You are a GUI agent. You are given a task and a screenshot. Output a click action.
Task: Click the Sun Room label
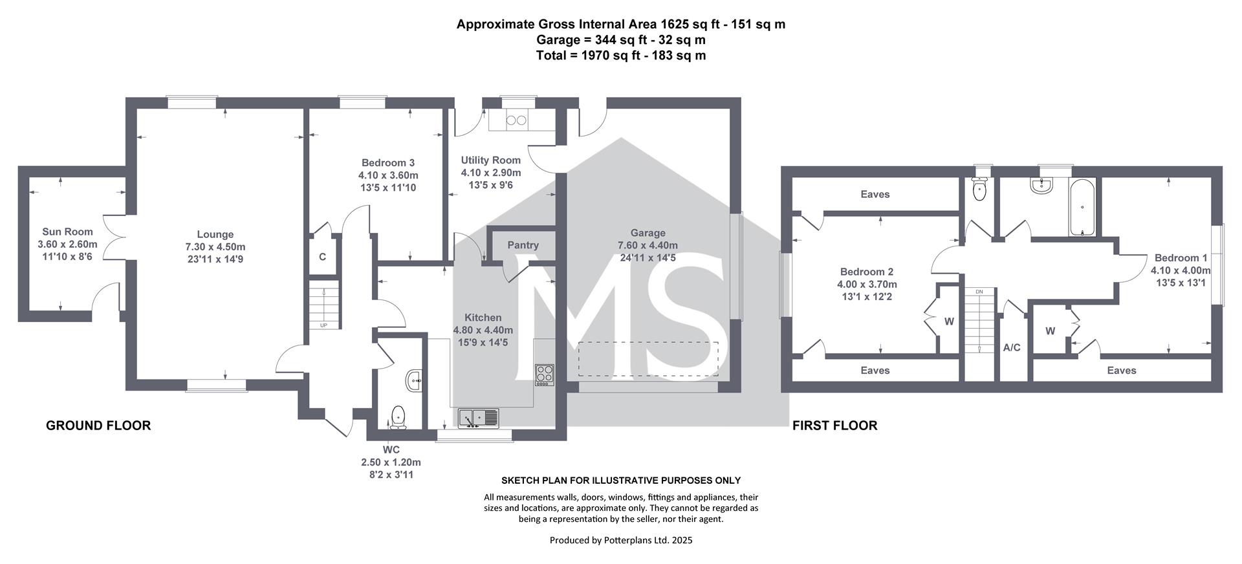coord(67,232)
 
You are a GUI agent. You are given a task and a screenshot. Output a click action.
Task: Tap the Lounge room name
coord(215,234)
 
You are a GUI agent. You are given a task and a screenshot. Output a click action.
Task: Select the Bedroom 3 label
coord(388,163)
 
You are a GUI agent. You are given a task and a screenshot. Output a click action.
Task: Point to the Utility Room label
coord(490,160)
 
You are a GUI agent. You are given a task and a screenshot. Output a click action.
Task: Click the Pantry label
coord(523,245)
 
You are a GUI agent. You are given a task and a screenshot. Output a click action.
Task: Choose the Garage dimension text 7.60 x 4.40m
coord(648,245)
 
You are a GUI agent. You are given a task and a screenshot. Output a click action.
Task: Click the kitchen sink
coord(479,418)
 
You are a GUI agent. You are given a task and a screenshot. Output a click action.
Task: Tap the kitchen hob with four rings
coord(544,375)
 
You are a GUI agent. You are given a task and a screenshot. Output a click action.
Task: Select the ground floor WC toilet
coord(398,417)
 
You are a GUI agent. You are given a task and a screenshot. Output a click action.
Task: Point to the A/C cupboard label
coord(1012,348)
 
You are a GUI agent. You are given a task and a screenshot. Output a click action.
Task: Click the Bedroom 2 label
coord(867,272)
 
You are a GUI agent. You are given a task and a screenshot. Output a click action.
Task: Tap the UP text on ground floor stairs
coord(323,325)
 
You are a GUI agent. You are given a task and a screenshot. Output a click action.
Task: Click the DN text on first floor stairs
coord(979,292)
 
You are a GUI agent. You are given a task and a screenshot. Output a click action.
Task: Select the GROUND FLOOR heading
coord(98,426)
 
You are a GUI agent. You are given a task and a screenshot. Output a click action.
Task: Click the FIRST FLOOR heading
coord(835,426)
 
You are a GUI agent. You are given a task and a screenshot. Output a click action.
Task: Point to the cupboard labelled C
coord(322,257)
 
